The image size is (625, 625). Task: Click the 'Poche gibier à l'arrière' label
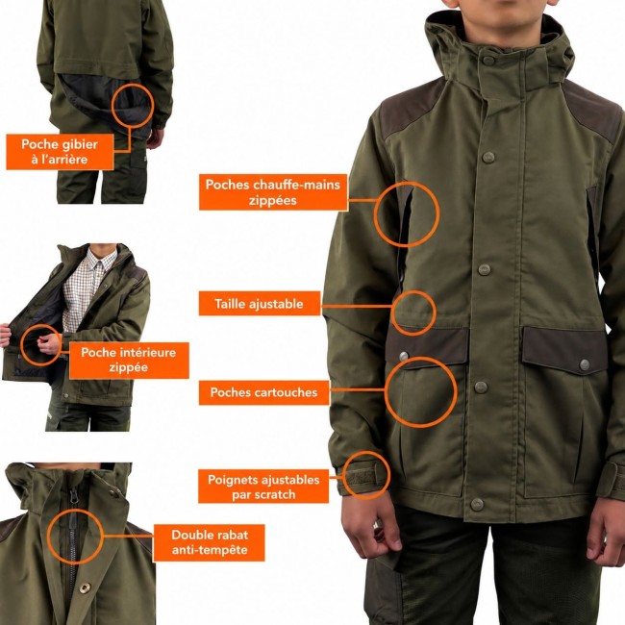[60, 152]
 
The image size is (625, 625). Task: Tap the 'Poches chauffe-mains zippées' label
[273, 192]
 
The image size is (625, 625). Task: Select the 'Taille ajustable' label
[260, 304]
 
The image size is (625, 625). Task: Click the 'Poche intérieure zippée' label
[129, 360]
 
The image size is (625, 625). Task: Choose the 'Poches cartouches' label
[263, 392]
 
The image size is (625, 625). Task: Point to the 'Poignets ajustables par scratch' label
[263, 487]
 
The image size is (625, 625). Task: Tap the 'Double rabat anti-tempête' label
[210, 542]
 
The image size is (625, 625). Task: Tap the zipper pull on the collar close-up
[74, 497]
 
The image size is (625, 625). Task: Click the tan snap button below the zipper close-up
[84, 587]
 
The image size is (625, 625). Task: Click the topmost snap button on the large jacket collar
[487, 61]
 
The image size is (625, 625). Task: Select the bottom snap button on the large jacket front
[476, 505]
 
